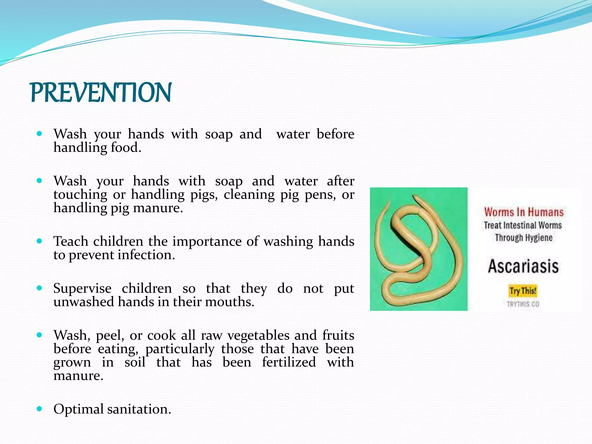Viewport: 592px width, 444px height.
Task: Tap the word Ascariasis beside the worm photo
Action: pyautogui.click(x=523, y=266)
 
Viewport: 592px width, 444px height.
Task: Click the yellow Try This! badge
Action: pyautogui.click(x=523, y=291)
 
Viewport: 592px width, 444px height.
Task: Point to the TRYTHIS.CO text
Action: pyautogui.click(x=523, y=304)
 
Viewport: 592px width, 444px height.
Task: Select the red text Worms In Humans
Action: pyautogui.click(x=524, y=212)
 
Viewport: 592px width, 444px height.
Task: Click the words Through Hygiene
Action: pyautogui.click(x=523, y=238)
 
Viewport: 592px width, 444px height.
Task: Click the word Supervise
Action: pyautogui.click(x=82, y=288)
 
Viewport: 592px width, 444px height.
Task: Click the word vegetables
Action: pyautogui.click(x=258, y=335)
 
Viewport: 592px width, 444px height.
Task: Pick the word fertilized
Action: pyautogui.click(x=289, y=362)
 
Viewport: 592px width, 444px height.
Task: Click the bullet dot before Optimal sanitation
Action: pyautogui.click(x=40, y=409)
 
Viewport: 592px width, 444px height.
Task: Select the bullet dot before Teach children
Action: pyautogui.click(x=40, y=241)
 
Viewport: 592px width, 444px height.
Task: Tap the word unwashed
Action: pyautogui.click(x=84, y=302)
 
